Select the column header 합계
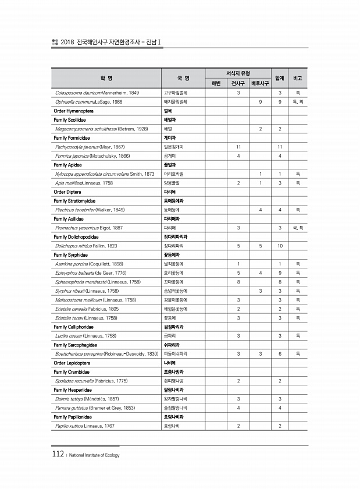tap(280, 77)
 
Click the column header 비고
tap(297, 77)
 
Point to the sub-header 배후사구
tap(260, 83)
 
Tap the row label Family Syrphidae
tap(70, 254)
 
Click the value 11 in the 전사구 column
tap(238, 147)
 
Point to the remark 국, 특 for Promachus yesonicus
tap(297, 228)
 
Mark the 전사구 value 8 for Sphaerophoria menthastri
tap(238, 282)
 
